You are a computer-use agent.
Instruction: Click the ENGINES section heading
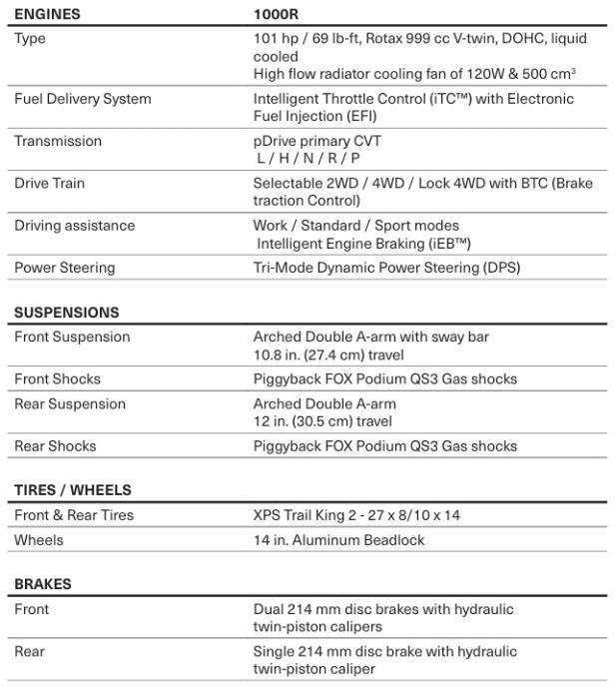tap(48, 15)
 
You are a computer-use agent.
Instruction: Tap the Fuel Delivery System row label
tap(83, 99)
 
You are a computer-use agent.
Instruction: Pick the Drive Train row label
tap(48, 183)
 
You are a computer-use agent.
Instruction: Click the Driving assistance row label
tap(74, 225)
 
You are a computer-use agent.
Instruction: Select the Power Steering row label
tap(64, 267)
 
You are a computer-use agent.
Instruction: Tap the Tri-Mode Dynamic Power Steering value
tap(387, 267)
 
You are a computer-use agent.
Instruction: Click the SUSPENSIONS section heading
tap(66, 313)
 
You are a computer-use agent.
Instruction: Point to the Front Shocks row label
tap(57, 378)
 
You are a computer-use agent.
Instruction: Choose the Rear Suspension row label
tap(70, 403)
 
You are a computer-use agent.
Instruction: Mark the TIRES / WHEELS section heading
tap(73, 489)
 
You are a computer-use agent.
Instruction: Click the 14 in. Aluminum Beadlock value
tap(339, 539)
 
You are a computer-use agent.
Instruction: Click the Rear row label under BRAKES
tap(30, 651)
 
